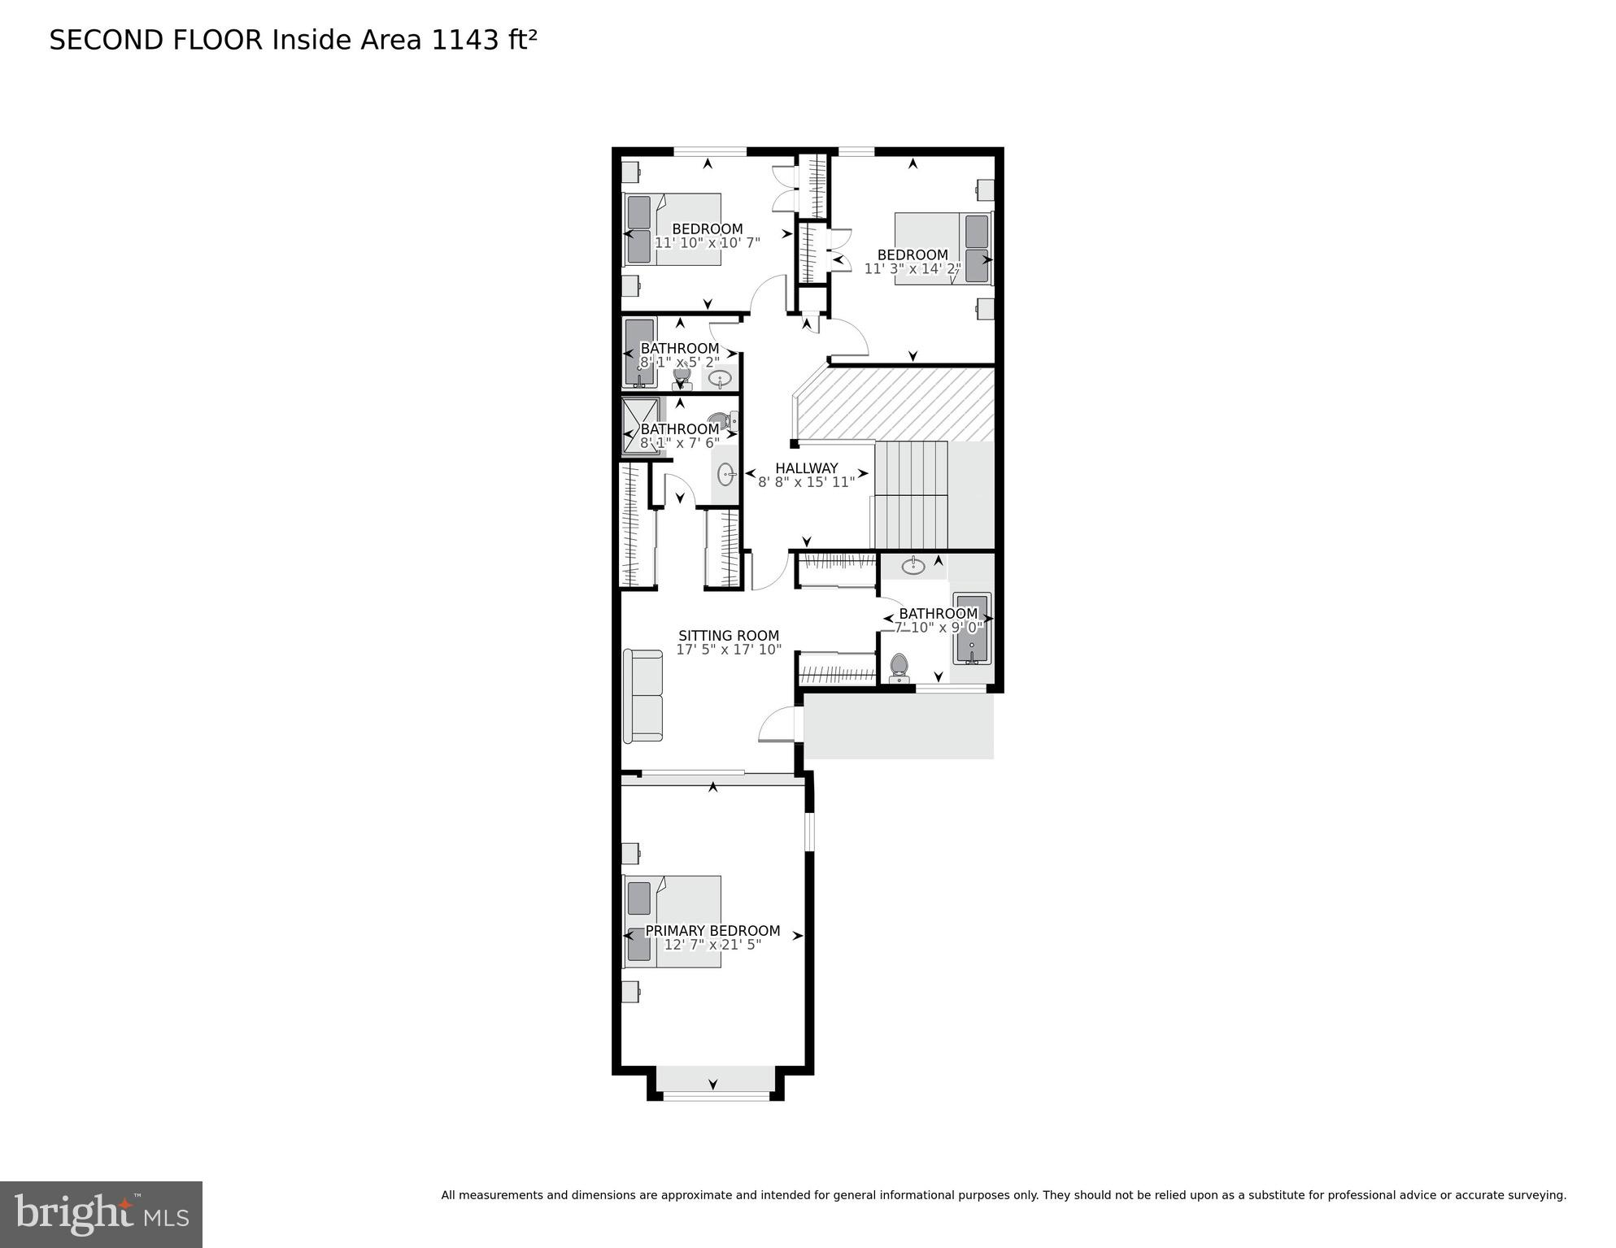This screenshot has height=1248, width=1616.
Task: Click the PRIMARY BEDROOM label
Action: (x=712, y=930)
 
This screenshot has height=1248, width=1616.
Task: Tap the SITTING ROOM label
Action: (x=729, y=635)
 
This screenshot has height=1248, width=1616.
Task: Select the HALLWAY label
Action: (x=806, y=468)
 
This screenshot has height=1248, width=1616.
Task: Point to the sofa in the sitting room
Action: (x=642, y=695)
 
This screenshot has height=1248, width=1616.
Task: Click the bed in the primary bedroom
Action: (x=673, y=921)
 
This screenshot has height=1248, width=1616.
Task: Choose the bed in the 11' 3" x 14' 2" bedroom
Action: (x=943, y=248)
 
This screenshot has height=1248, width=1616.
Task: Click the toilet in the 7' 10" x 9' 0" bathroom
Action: (x=899, y=667)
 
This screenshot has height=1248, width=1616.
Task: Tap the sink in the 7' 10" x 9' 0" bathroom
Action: (x=913, y=566)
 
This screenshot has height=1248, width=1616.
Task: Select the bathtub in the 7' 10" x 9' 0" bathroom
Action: (x=972, y=628)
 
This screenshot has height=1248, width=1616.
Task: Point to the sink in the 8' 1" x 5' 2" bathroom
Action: (x=720, y=379)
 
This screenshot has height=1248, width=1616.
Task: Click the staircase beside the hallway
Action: (x=911, y=494)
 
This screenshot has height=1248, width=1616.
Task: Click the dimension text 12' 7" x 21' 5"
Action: (x=712, y=945)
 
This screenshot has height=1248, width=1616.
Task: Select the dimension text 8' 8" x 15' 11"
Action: (x=806, y=482)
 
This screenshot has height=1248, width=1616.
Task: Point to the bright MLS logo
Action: (x=101, y=1214)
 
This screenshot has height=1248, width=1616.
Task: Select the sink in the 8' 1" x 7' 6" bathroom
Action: (x=726, y=474)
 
